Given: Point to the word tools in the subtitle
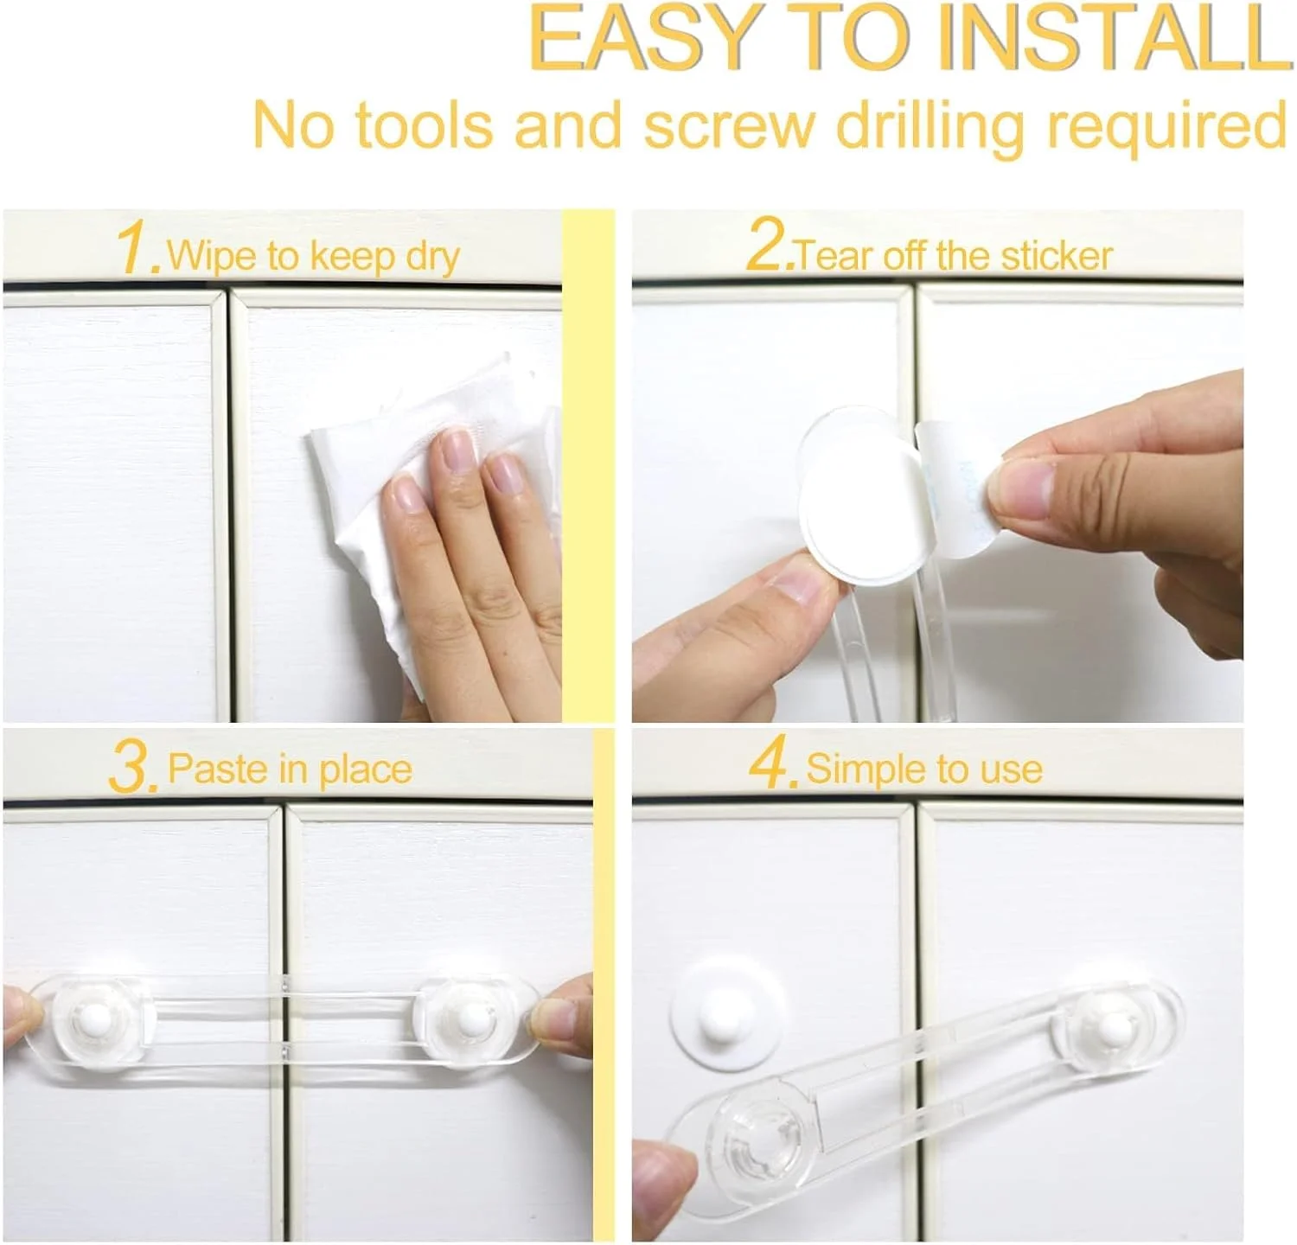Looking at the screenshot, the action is click(425, 126).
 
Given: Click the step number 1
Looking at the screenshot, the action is click(137, 248).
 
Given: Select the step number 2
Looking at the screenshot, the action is click(768, 245).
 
